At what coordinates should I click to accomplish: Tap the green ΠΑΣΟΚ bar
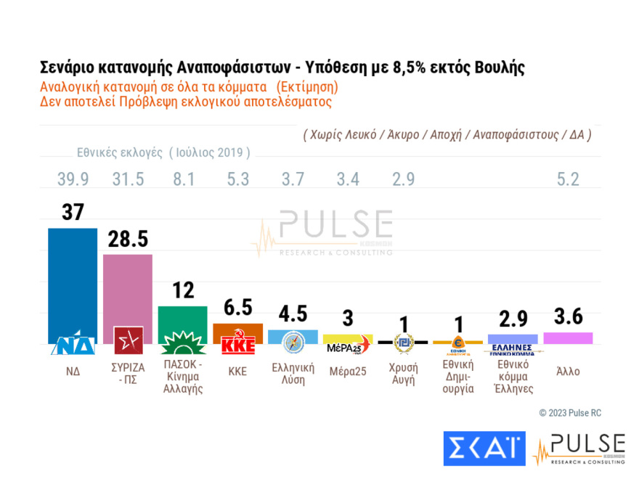point(183,319)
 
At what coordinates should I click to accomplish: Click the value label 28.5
point(129,239)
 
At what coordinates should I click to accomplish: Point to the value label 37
point(72,212)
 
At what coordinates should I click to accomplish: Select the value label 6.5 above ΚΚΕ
point(237,308)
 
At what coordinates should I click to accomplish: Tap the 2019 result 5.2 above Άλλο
point(567,179)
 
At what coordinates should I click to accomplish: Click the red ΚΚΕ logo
point(238,343)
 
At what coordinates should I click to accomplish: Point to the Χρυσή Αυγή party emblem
point(403,343)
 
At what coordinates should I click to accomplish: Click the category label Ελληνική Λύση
point(293,374)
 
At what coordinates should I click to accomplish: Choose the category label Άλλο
point(567,370)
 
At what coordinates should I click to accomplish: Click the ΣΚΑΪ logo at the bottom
point(484,449)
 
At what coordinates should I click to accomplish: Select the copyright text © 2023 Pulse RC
point(570,413)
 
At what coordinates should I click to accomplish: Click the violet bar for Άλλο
point(567,337)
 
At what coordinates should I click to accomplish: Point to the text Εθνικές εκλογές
point(121,152)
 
